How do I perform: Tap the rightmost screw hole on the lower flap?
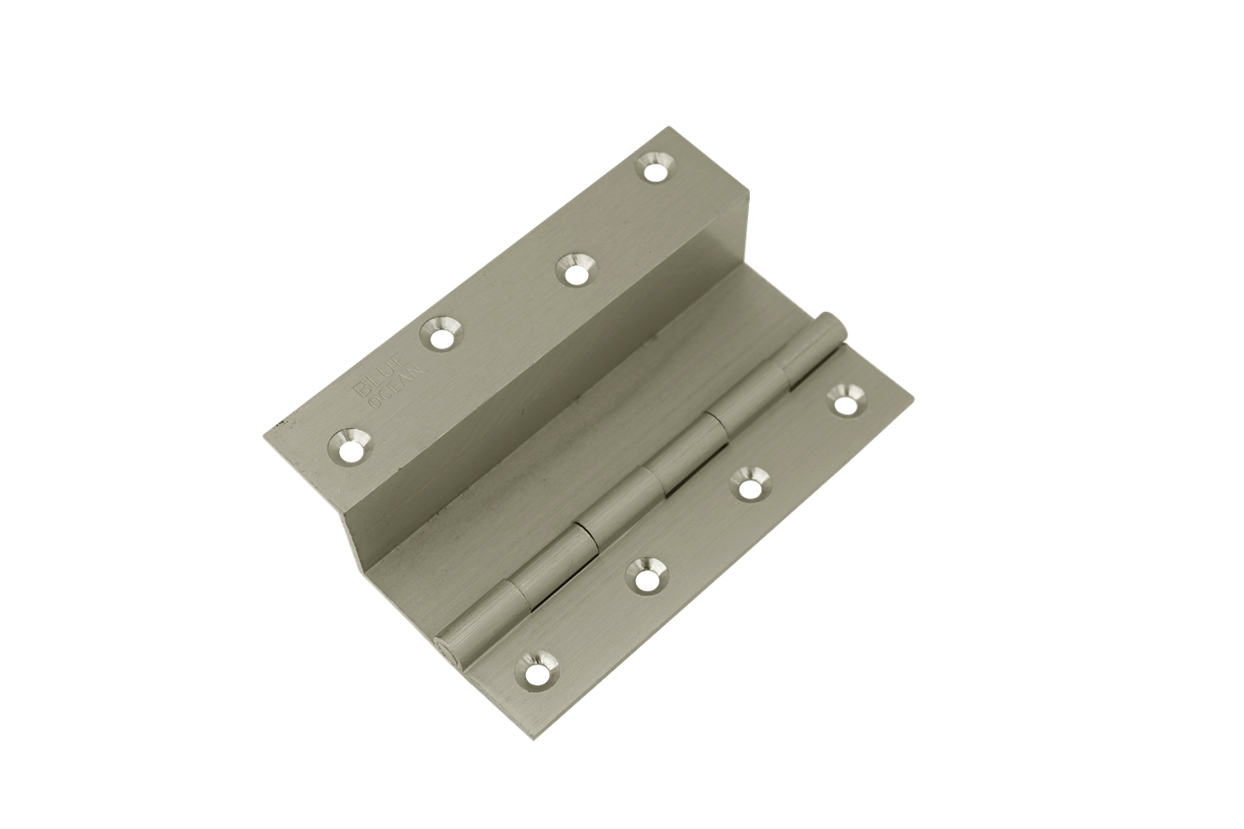[845, 398]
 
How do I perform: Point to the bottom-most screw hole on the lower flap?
[537, 667]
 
